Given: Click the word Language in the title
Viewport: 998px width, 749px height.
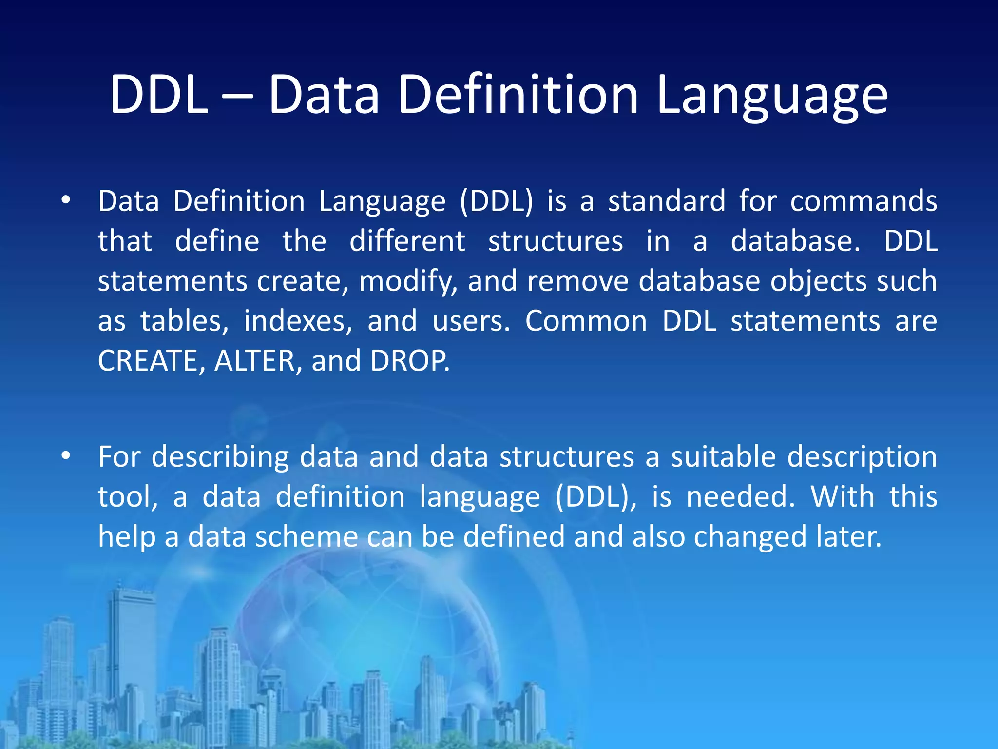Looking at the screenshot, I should [772, 95].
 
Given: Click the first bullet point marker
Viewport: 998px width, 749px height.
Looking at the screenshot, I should [66, 200].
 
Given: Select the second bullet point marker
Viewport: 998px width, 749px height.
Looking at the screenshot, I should [66, 456].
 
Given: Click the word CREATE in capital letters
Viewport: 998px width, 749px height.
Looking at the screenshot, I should [148, 361].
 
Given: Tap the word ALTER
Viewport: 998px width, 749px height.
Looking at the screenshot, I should [254, 361].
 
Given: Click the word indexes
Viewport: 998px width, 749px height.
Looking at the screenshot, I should [297, 322].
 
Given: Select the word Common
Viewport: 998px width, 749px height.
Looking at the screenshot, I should [586, 322].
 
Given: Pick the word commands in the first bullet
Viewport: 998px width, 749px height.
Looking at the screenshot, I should [864, 201].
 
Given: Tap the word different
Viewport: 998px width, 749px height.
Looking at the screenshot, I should [407, 241].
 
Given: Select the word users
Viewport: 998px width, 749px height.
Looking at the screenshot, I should [470, 322].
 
